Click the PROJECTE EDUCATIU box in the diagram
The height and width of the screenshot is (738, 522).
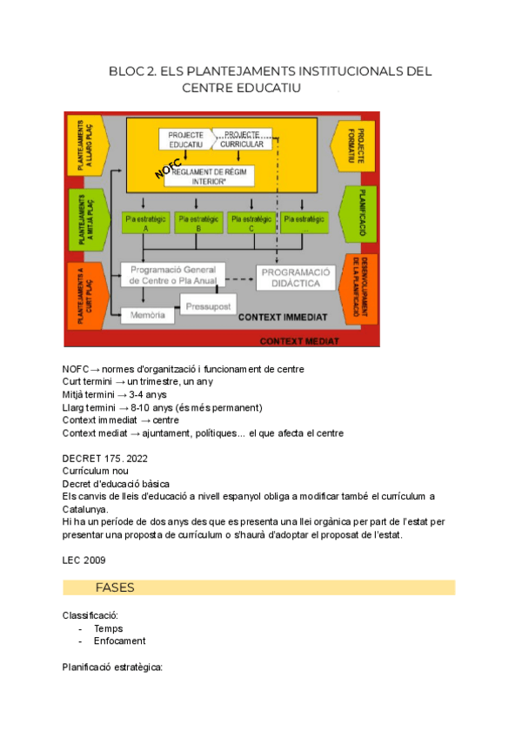coord(185,139)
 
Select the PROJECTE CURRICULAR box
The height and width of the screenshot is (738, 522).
coord(241,139)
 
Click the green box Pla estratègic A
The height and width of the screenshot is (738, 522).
coord(145,222)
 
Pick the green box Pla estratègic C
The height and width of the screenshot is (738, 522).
coord(251,222)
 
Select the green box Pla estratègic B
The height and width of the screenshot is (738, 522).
coord(197,222)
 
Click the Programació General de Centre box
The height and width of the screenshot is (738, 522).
coord(172,275)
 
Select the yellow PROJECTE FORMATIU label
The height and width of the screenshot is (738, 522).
coord(360,143)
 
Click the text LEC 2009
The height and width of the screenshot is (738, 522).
coord(84,560)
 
